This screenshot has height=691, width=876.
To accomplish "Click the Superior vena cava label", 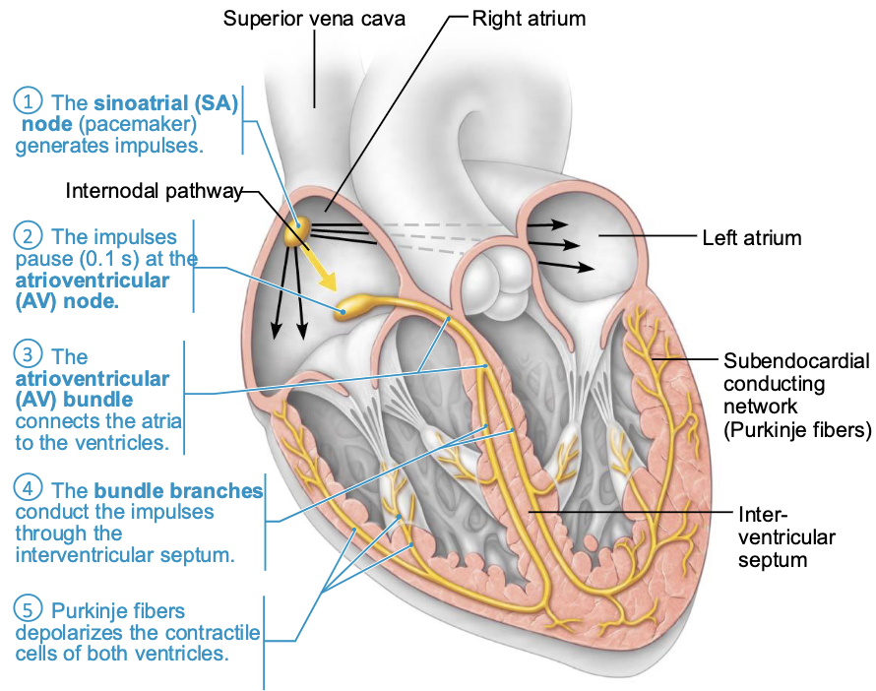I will tap(315, 19).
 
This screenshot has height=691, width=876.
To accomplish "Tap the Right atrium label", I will tap(531, 18).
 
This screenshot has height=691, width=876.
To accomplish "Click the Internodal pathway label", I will tap(154, 191).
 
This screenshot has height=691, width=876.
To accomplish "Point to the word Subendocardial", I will tap(796, 360).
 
